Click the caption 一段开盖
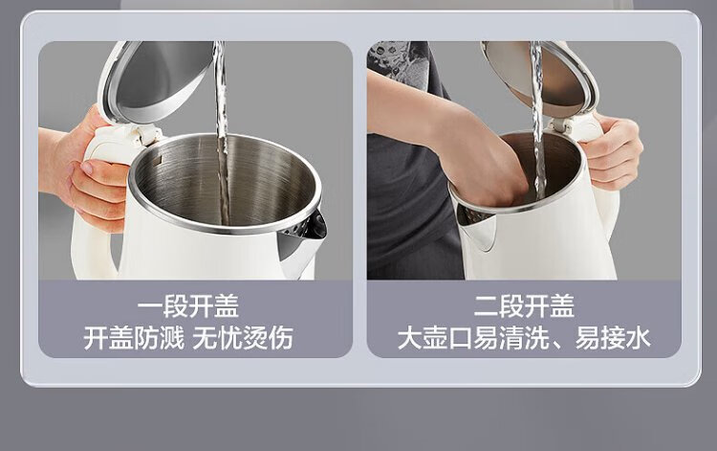188,306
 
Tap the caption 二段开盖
524,306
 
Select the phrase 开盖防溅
134,338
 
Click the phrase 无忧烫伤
243,338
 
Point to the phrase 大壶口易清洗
473,338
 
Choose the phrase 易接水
613,338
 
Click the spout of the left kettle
302,242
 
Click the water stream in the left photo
222,133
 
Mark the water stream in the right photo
537,119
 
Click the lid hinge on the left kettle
145,136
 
